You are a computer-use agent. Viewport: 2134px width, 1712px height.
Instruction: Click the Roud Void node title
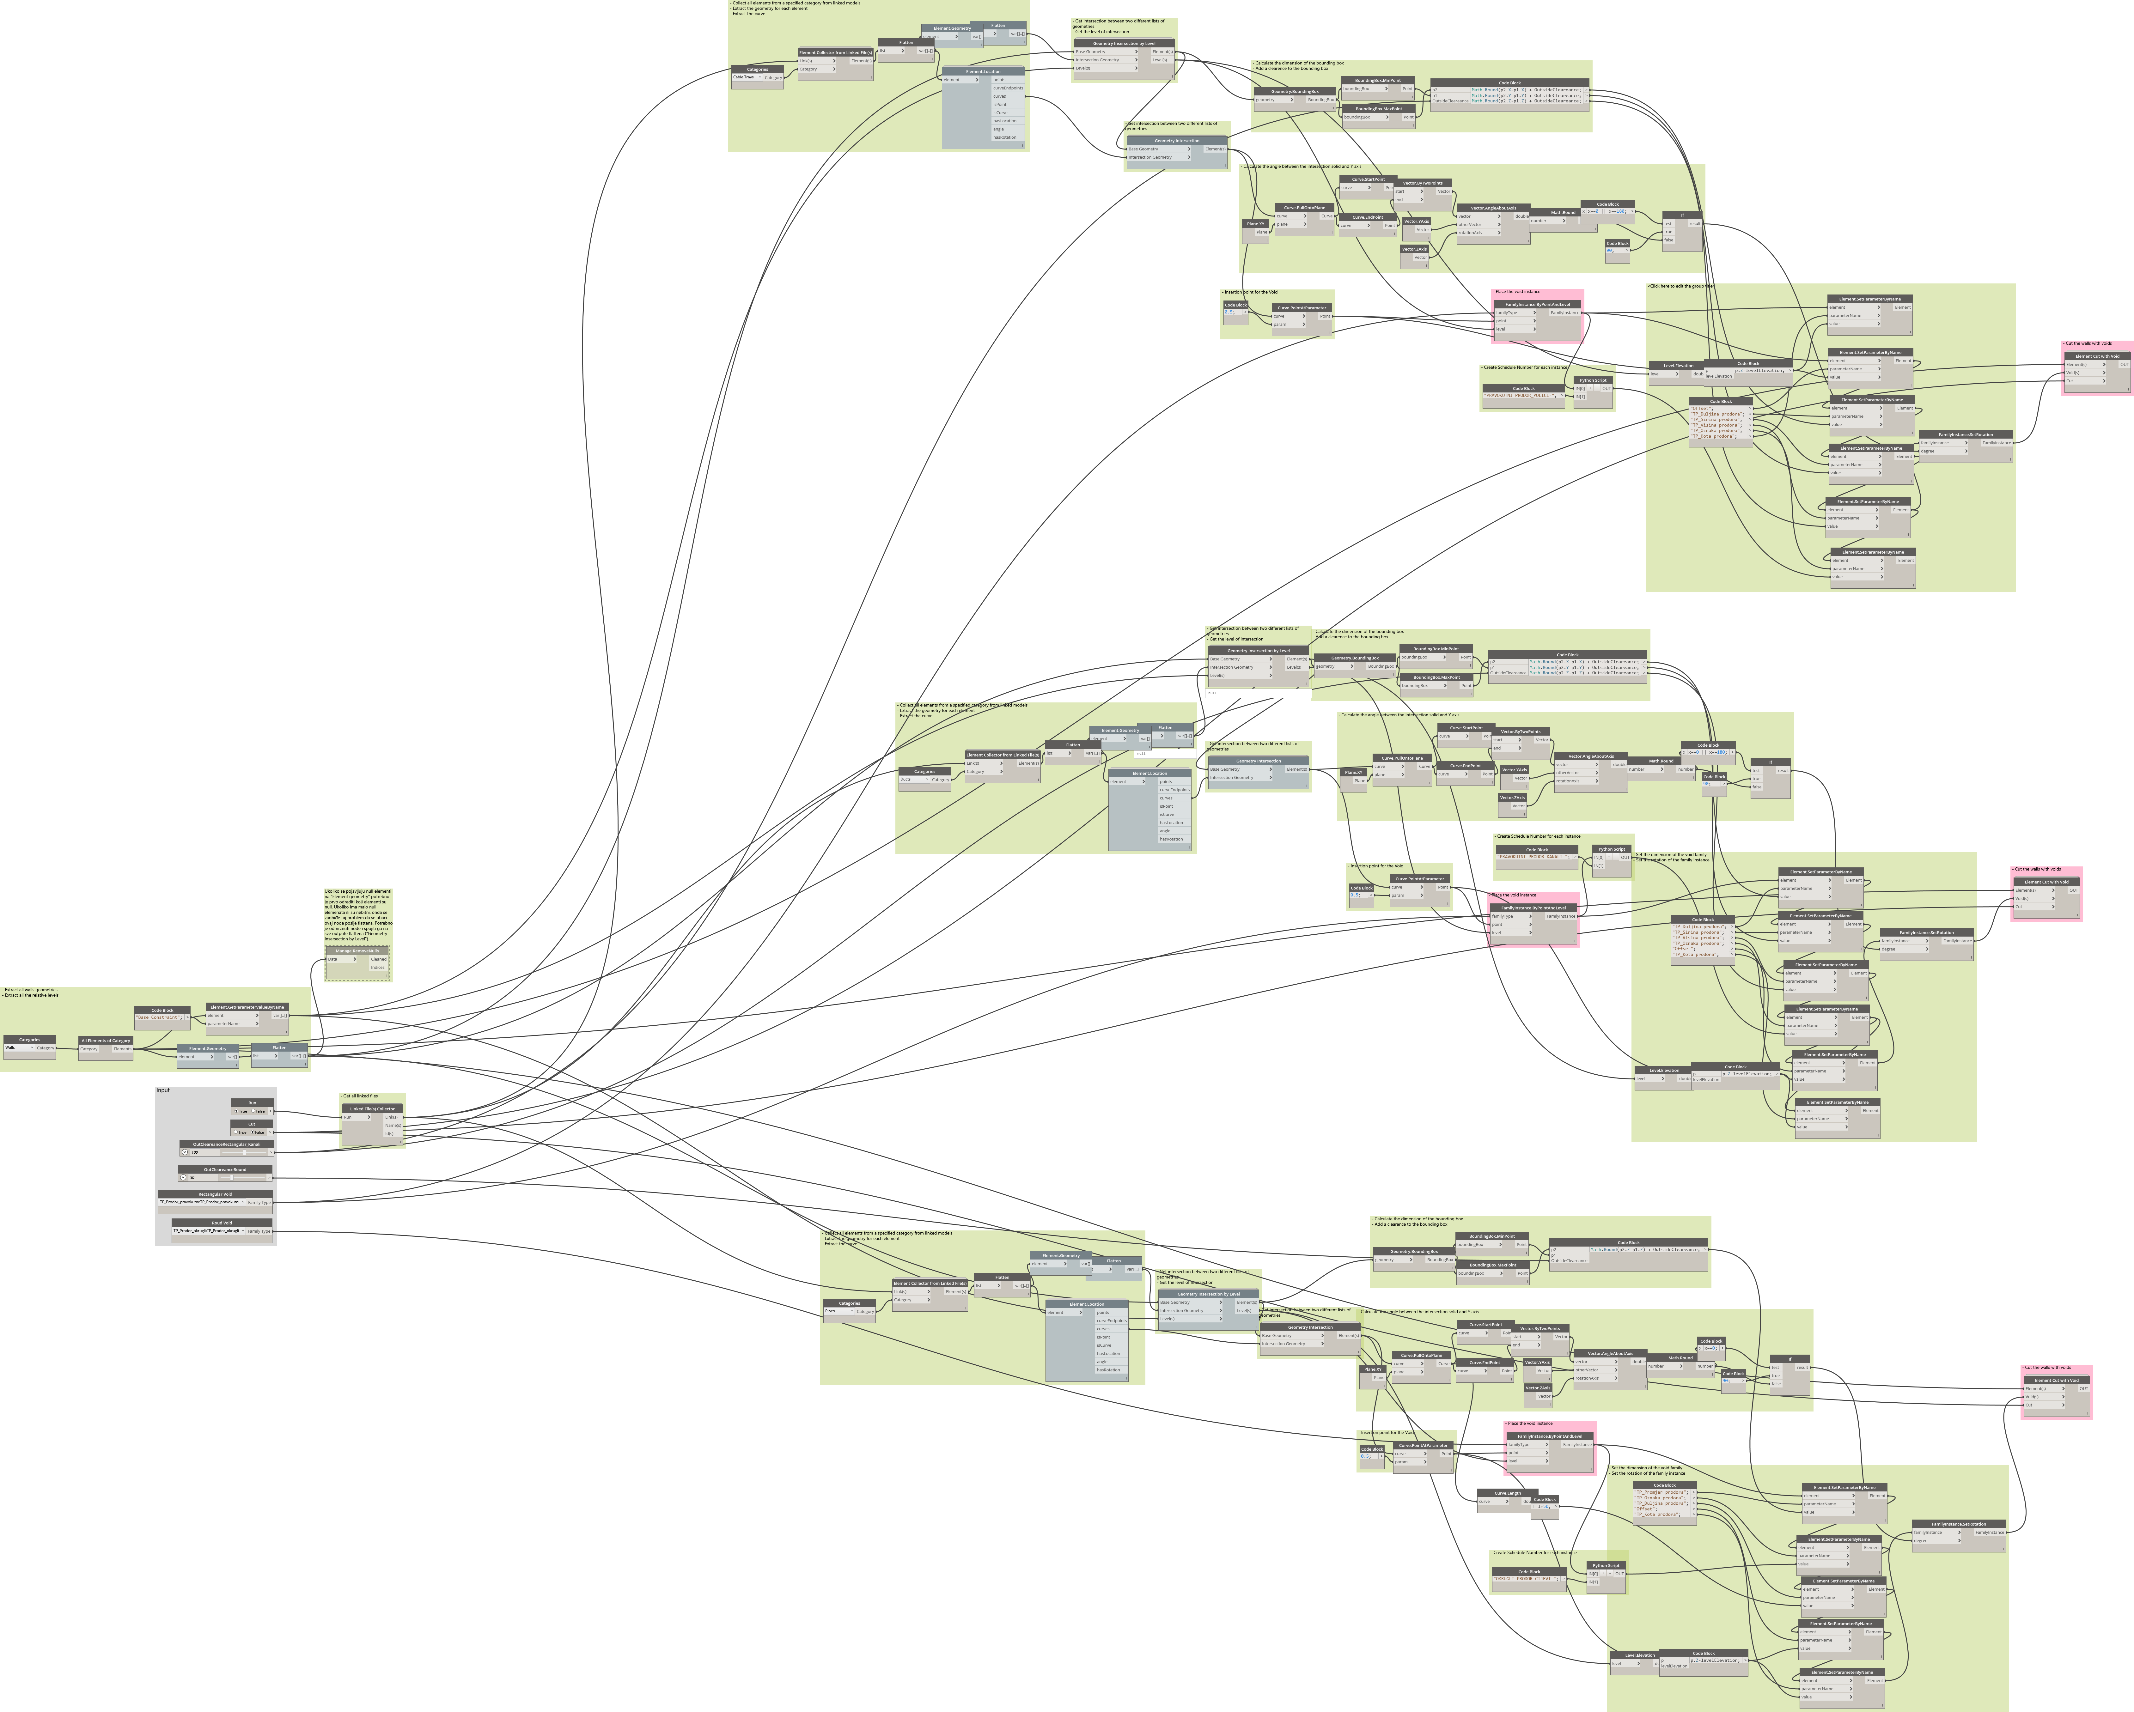click(222, 1223)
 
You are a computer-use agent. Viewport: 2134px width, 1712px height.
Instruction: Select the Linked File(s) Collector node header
click(371, 1108)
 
